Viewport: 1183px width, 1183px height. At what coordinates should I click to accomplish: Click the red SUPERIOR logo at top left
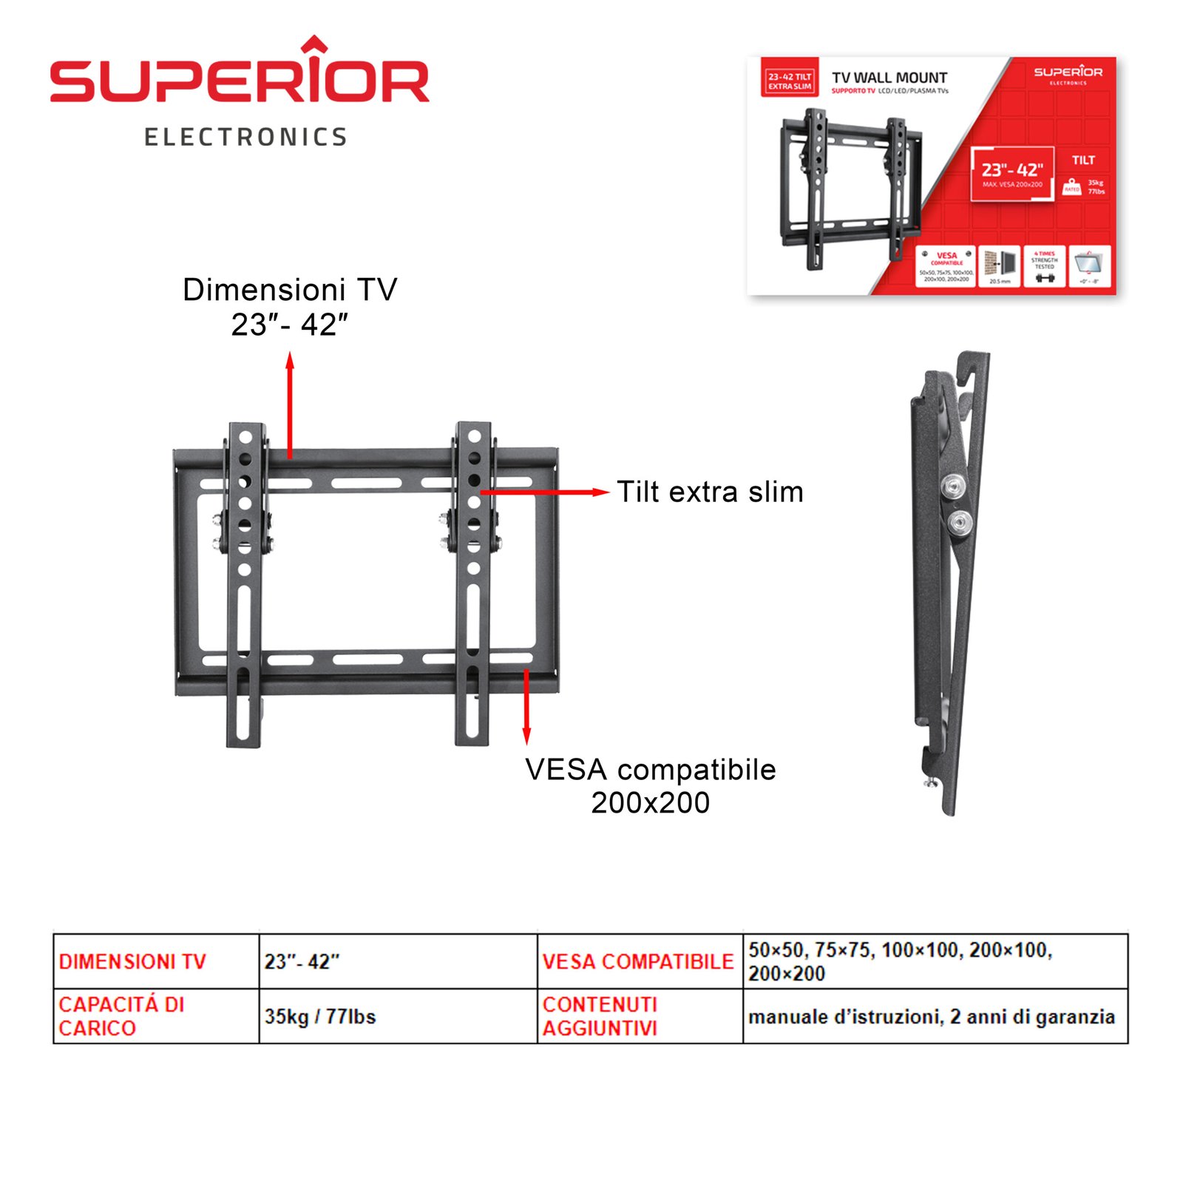[x=239, y=78]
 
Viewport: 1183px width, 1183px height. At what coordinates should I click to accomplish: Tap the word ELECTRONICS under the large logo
[x=245, y=138]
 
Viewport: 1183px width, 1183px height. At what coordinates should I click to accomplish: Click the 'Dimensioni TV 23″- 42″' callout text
[x=290, y=307]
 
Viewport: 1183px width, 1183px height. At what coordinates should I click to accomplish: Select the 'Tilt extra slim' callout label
[x=710, y=492]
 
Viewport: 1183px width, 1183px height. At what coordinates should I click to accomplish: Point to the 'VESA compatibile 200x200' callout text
[x=651, y=786]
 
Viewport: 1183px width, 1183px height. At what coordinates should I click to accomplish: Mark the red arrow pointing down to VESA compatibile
[x=526, y=706]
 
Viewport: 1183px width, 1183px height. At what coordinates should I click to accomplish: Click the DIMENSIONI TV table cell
[x=132, y=962]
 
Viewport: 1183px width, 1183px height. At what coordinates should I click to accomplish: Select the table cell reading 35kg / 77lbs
[x=320, y=1017]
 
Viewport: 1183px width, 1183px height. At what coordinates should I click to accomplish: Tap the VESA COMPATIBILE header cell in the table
[x=638, y=962]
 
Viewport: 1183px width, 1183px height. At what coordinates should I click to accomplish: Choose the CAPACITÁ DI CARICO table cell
[x=121, y=1017]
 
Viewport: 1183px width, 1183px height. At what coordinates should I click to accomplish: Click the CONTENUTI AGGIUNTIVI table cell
[x=600, y=1017]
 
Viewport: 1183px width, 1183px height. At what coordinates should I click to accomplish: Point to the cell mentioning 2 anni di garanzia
[x=932, y=1017]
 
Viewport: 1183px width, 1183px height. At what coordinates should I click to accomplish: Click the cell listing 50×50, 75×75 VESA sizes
[x=900, y=961]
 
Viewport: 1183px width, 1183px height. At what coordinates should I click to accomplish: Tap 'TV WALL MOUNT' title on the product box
[x=889, y=78]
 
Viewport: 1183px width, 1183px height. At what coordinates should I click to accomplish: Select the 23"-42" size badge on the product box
[x=1012, y=171]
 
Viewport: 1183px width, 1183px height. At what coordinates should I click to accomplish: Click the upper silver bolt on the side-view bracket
[x=954, y=485]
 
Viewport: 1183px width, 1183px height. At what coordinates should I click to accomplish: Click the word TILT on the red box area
[x=1083, y=160]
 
